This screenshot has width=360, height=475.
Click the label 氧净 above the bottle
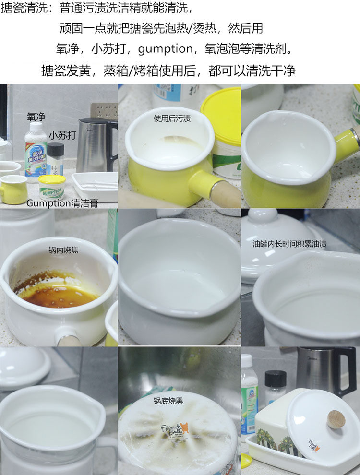coord(36,117)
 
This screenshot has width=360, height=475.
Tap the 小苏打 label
coord(62,135)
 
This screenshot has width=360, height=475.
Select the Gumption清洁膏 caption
coord(62,203)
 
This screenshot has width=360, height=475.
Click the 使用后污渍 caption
coord(172,119)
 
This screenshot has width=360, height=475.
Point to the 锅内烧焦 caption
coord(63,250)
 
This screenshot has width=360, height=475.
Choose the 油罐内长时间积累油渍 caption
coord(290,244)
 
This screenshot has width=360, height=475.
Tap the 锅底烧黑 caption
coord(168,401)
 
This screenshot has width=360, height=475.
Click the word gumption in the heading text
coord(165,49)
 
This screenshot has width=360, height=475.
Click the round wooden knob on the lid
coord(336,419)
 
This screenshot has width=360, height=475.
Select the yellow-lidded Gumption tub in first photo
coord(52,187)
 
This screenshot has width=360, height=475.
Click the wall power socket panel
coord(104,111)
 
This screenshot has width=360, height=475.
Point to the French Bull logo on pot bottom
coord(174,430)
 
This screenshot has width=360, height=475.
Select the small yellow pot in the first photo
coord(13,190)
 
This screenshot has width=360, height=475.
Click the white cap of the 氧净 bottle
coord(36,128)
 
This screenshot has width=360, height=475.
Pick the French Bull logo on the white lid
coord(314,446)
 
